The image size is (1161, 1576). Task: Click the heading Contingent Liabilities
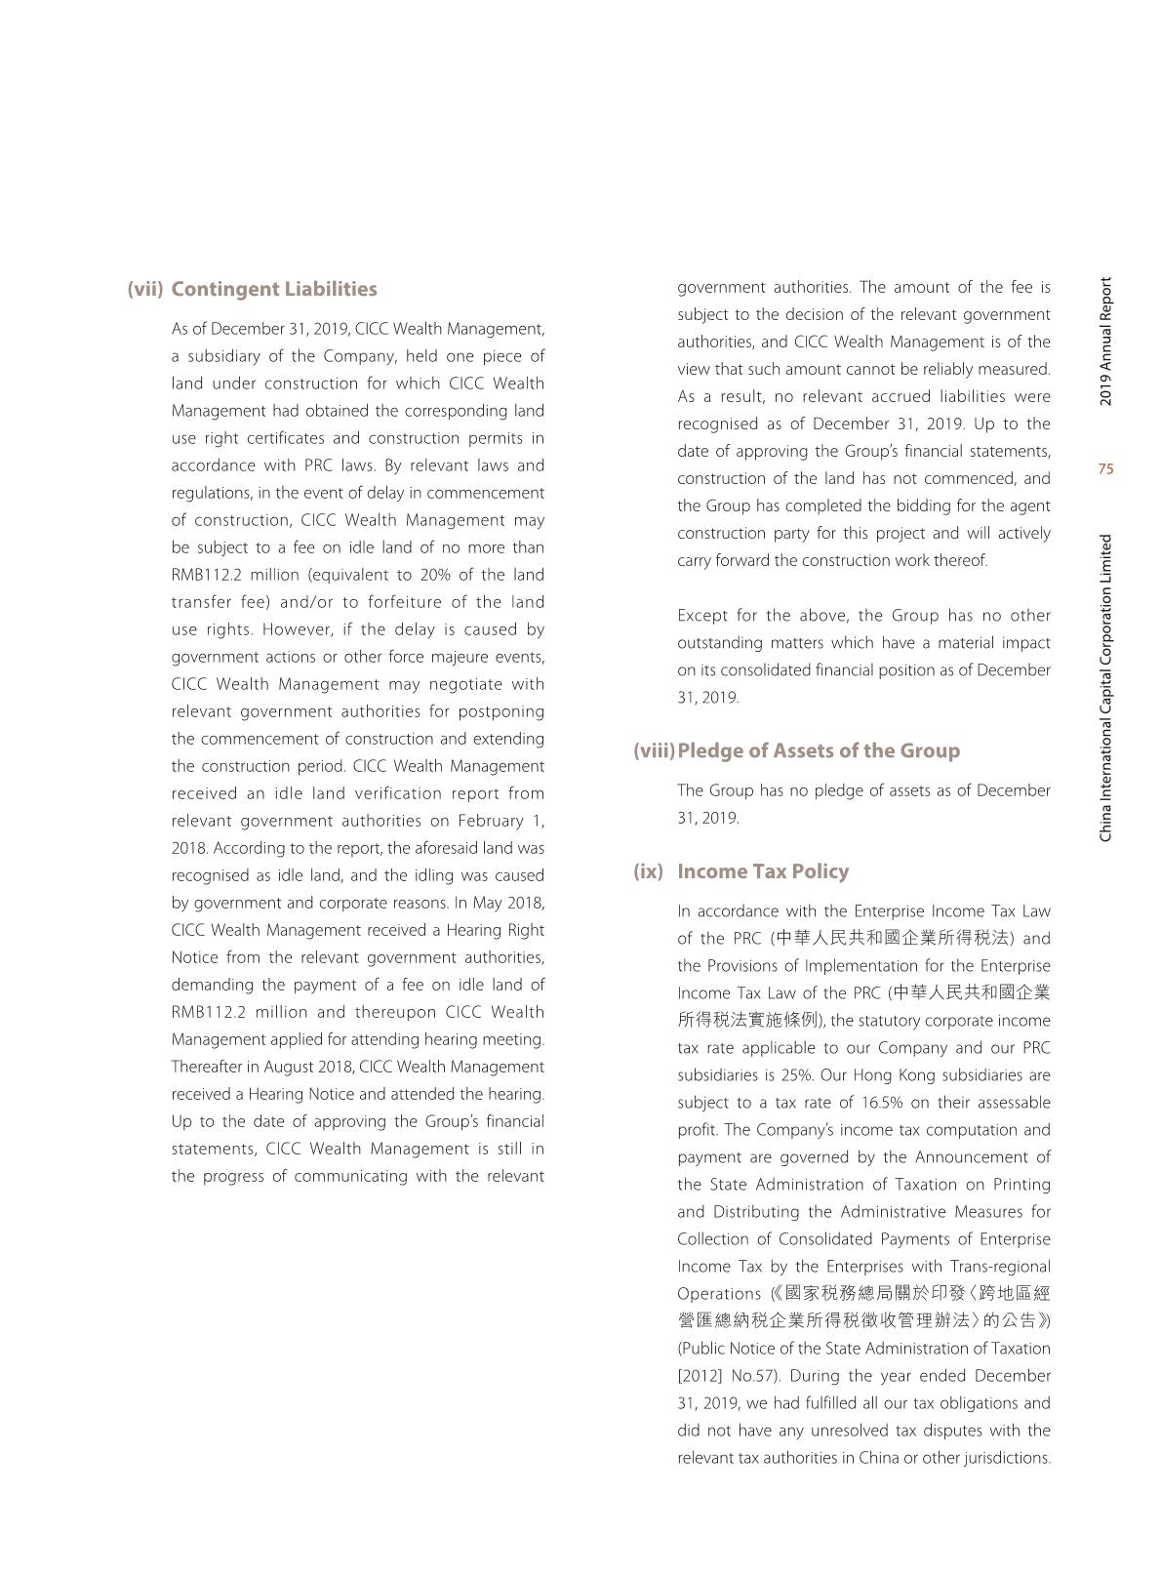(x=273, y=289)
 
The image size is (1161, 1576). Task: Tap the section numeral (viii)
(x=654, y=750)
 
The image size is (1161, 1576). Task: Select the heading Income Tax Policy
(x=763, y=871)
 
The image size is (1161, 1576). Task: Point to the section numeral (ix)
(x=648, y=871)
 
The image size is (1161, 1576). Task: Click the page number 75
(x=1105, y=469)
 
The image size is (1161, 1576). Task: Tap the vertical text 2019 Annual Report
(x=1105, y=342)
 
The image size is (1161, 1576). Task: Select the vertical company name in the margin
(x=1105, y=688)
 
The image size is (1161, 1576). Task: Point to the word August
(x=290, y=1067)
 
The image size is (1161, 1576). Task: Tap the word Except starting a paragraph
(x=702, y=616)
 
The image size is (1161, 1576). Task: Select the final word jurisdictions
(x=1005, y=1458)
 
